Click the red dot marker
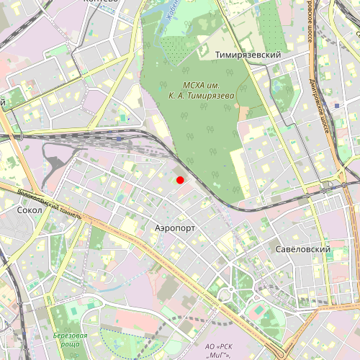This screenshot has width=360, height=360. coord(181,180)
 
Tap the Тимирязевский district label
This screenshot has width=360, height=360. coord(248,55)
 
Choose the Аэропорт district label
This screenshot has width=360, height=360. coord(176,227)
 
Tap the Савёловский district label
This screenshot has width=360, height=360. coord(302,249)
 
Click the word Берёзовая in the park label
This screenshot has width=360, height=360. coord(71,336)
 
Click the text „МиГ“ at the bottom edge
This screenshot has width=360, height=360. coord(216,356)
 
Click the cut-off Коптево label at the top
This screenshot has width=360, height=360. coord(101,2)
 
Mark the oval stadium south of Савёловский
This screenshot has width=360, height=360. coord(258,310)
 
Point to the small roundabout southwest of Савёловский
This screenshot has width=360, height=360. coord(225,295)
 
